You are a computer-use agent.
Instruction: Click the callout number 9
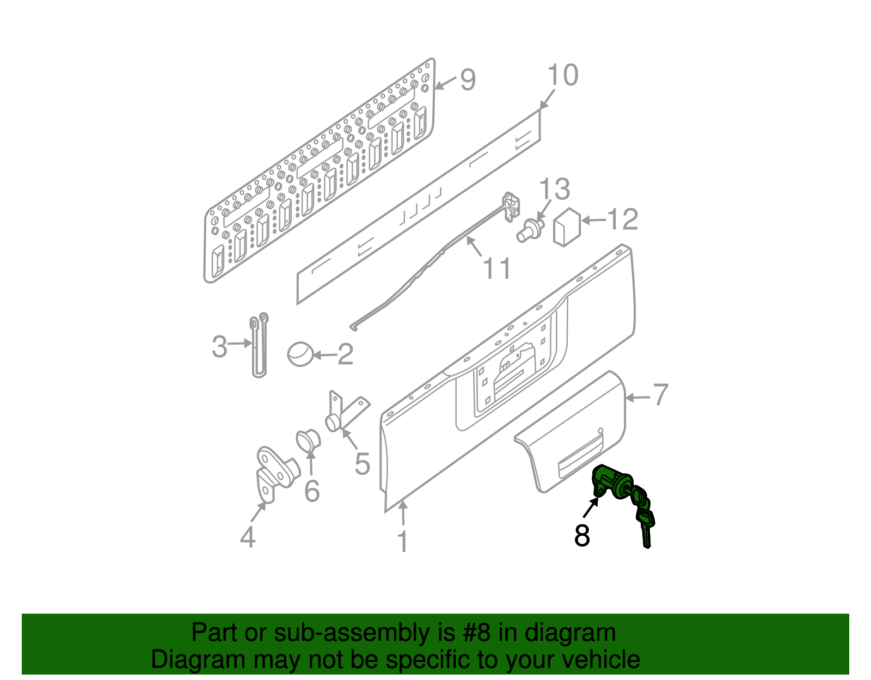pyautogui.click(x=468, y=79)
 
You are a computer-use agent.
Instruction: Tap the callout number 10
pyautogui.click(x=563, y=75)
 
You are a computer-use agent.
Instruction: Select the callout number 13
pyautogui.click(x=554, y=189)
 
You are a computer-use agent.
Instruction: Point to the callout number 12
pyautogui.click(x=622, y=219)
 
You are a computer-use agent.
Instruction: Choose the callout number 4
pyautogui.click(x=248, y=537)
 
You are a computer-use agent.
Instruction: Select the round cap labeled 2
pyautogui.click(x=300, y=354)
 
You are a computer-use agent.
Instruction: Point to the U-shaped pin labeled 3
pyautogui.click(x=259, y=345)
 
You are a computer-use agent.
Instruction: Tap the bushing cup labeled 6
pyautogui.click(x=308, y=441)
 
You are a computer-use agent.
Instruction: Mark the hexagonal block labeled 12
pyautogui.click(x=567, y=227)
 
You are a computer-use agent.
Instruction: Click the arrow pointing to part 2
pyautogui.click(x=324, y=355)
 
